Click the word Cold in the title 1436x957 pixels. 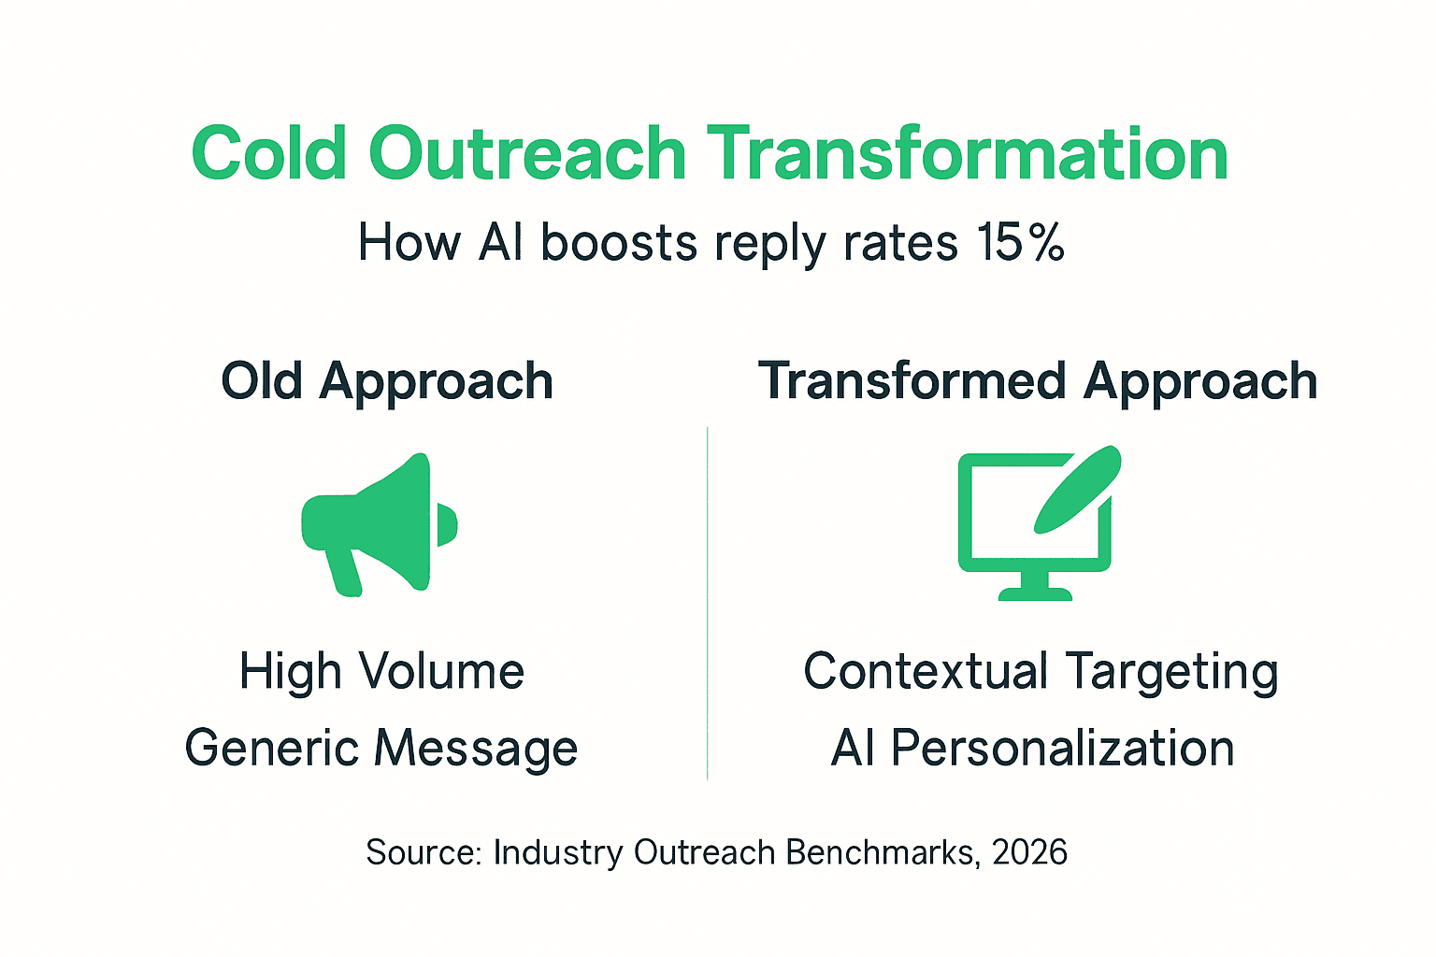coord(269,153)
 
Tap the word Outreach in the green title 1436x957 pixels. coord(527,153)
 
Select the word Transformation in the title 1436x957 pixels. coord(967,153)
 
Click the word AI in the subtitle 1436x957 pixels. coord(500,243)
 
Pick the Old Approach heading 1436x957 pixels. coord(387,381)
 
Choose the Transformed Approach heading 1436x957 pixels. coord(1038,381)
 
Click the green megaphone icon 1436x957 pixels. coord(379,523)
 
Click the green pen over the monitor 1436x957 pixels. coord(1077,490)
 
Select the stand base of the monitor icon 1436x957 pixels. coord(1035,593)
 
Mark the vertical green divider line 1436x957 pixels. coord(708,603)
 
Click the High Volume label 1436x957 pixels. coord(381,672)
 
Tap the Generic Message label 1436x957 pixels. coord(381,749)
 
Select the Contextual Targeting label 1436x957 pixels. coord(1041,672)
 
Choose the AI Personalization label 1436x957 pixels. coord(1033,749)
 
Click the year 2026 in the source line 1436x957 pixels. coord(1029,852)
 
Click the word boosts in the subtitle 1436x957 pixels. coord(619,243)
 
